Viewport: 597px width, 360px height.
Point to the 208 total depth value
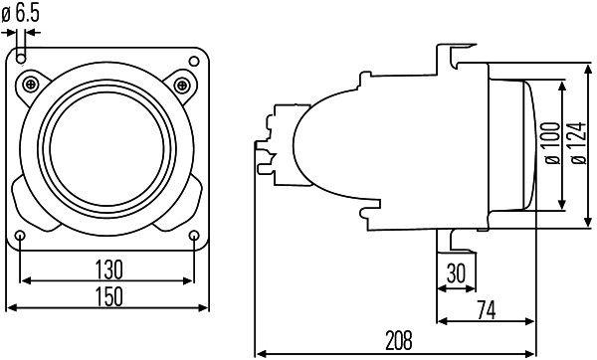[398, 341]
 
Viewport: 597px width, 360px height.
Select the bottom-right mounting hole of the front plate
[195, 235]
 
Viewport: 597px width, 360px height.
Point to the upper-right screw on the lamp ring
[182, 83]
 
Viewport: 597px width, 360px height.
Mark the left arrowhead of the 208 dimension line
[260, 352]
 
